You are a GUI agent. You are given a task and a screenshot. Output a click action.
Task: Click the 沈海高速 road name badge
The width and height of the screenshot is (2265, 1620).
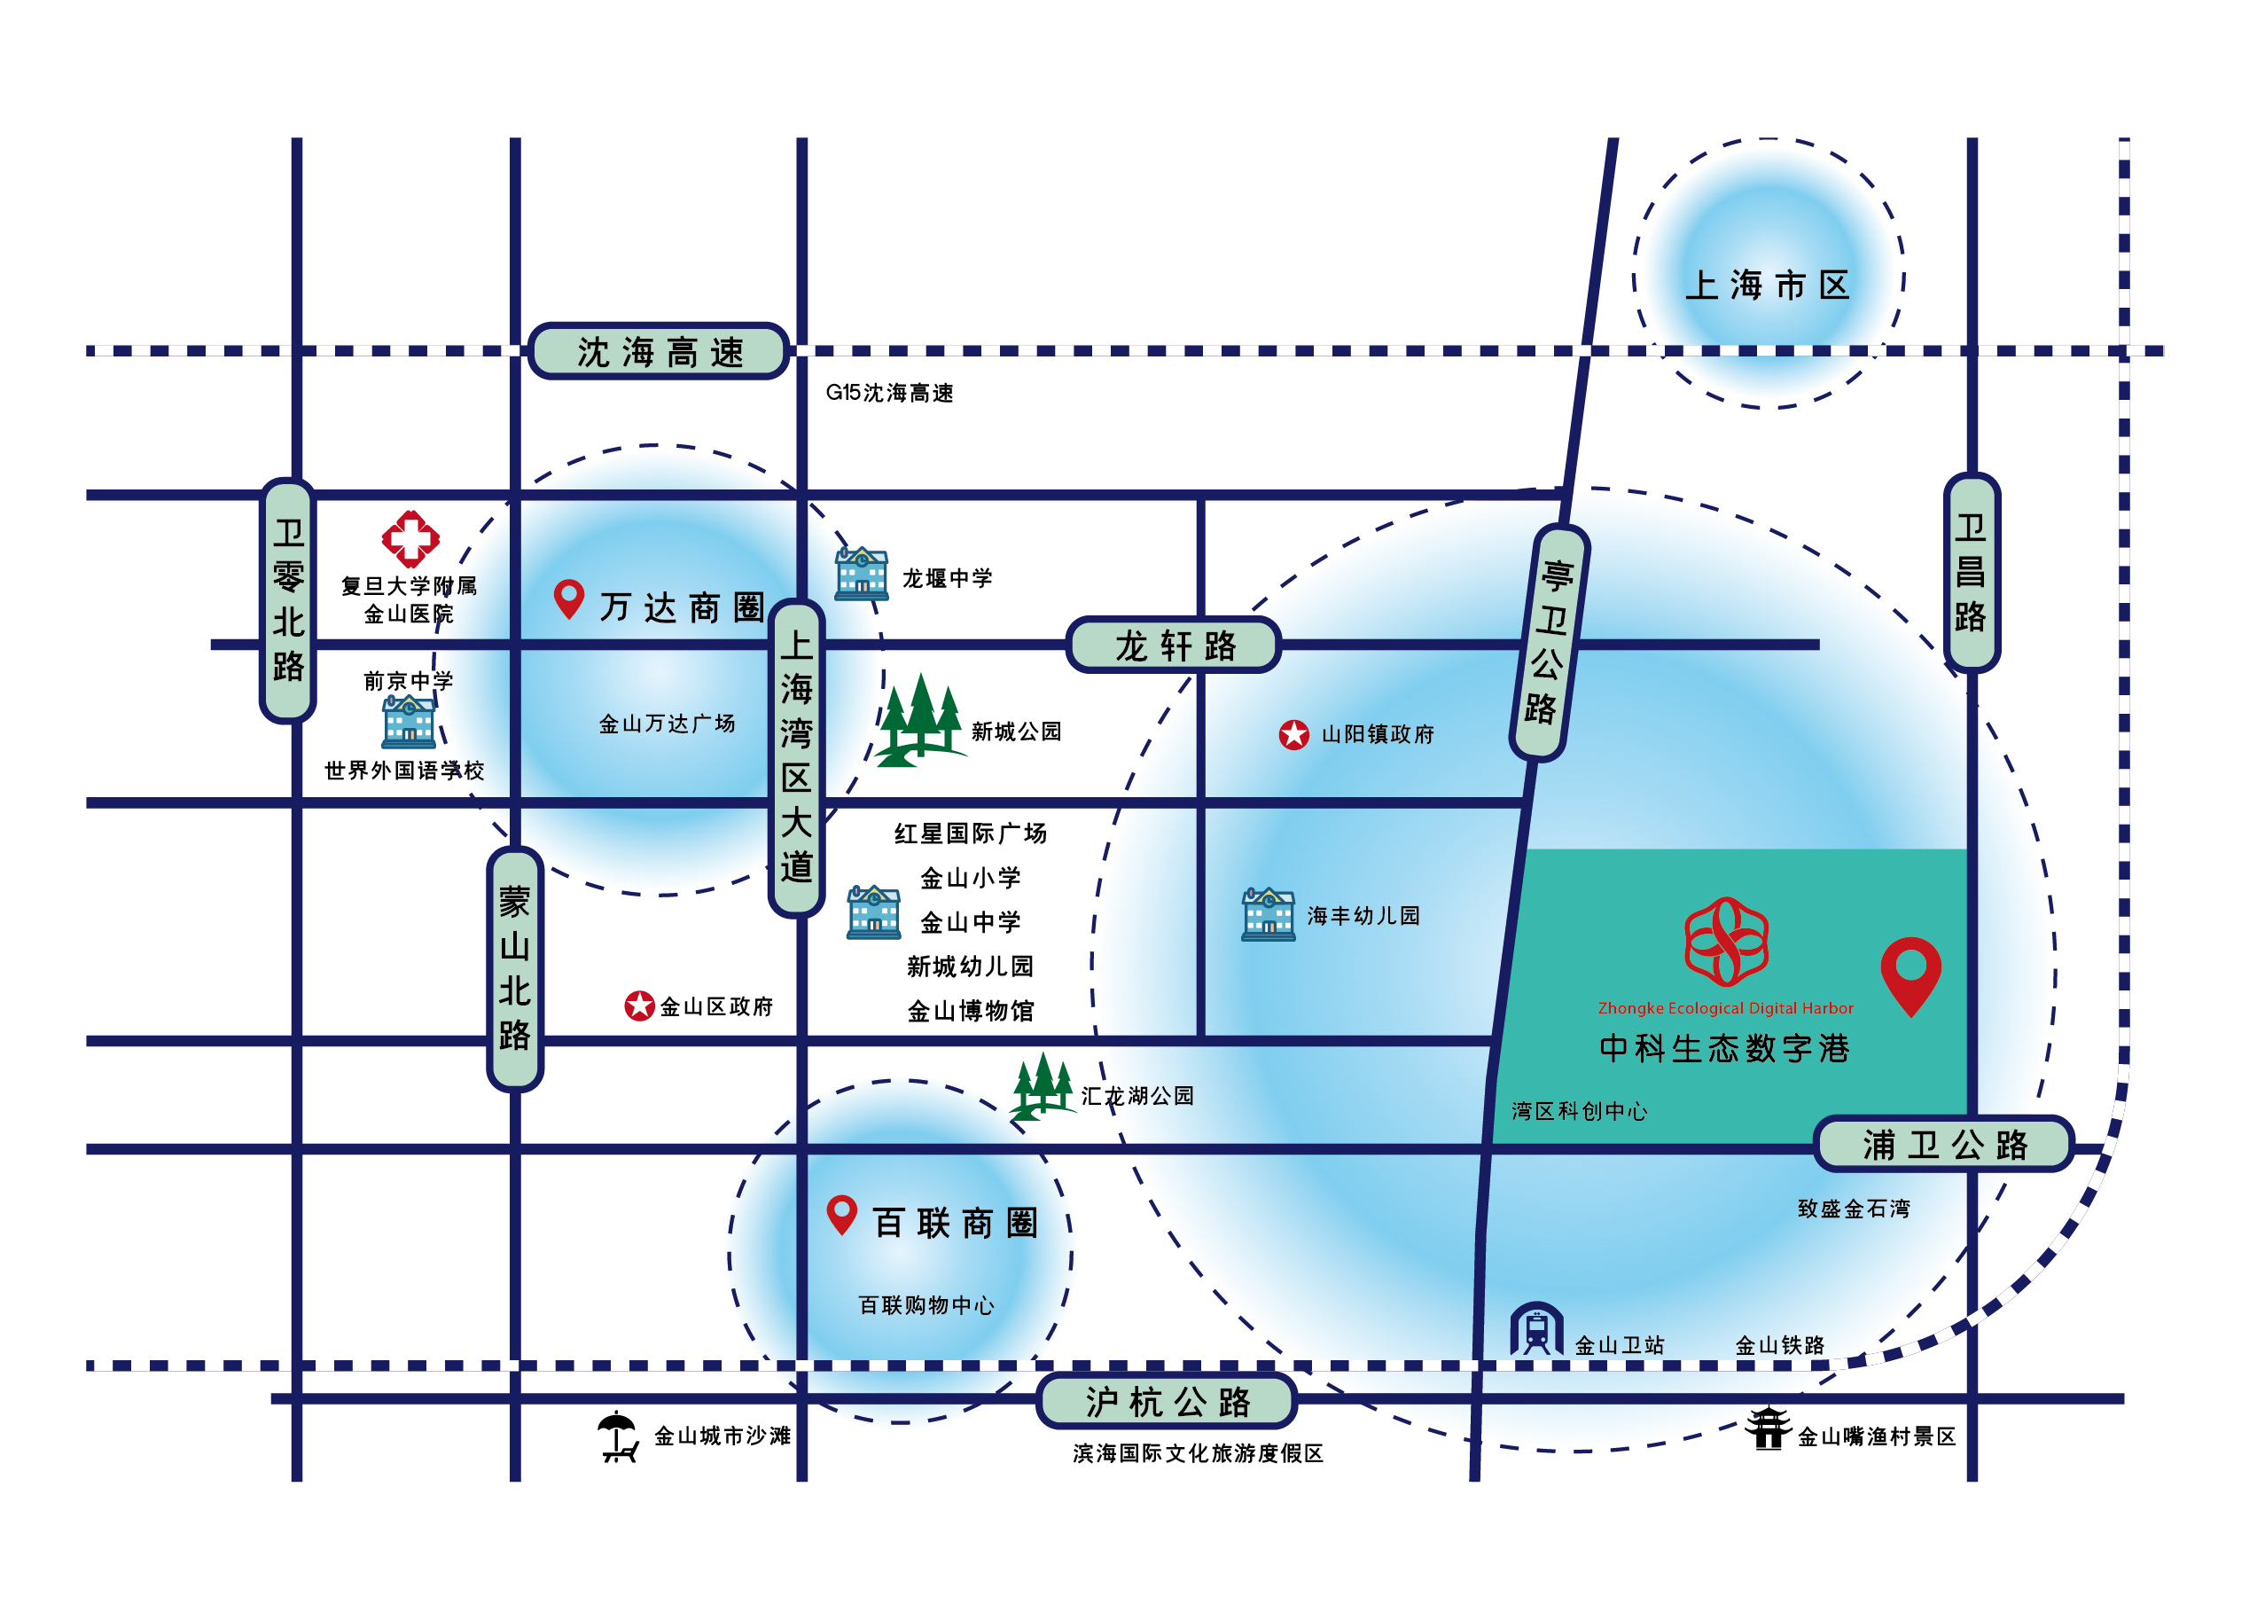[659, 351]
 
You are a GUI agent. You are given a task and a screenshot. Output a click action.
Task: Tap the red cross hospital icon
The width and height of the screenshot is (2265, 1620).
[410, 539]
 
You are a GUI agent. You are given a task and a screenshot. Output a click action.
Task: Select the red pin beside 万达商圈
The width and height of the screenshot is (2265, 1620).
[568, 599]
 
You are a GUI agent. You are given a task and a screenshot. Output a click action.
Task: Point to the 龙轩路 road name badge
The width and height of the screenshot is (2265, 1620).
[1174, 646]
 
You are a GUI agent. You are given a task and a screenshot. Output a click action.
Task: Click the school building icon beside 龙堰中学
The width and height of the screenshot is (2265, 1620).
[862, 574]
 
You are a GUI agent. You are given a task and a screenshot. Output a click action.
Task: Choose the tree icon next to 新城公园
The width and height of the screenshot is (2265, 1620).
[919, 720]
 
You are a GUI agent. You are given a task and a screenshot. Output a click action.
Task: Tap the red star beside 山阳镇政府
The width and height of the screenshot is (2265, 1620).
[1293, 735]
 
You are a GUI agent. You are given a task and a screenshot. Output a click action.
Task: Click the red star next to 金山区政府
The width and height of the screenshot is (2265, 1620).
[639, 1006]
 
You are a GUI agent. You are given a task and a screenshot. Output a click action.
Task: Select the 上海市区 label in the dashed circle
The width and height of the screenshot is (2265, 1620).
[1768, 286]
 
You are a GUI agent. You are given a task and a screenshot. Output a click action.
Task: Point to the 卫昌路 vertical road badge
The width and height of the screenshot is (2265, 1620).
[1971, 573]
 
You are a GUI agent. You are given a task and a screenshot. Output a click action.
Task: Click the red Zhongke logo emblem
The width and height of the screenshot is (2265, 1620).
[1726, 941]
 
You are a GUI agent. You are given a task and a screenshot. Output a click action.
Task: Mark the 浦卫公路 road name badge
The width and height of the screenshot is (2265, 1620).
[1943, 1144]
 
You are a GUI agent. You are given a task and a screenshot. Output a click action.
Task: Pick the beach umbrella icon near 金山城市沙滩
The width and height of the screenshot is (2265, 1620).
[617, 1436]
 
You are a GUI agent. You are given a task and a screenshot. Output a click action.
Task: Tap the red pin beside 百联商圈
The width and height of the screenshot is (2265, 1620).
[842, 1214]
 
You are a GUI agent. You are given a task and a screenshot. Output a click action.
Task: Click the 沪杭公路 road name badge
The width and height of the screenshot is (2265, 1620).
[1166, 1402]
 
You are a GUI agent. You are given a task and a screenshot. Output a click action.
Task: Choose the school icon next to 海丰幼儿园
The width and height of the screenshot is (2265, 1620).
[1268, 915]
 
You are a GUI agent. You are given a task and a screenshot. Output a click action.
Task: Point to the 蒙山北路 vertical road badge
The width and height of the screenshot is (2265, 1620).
[515, 968]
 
